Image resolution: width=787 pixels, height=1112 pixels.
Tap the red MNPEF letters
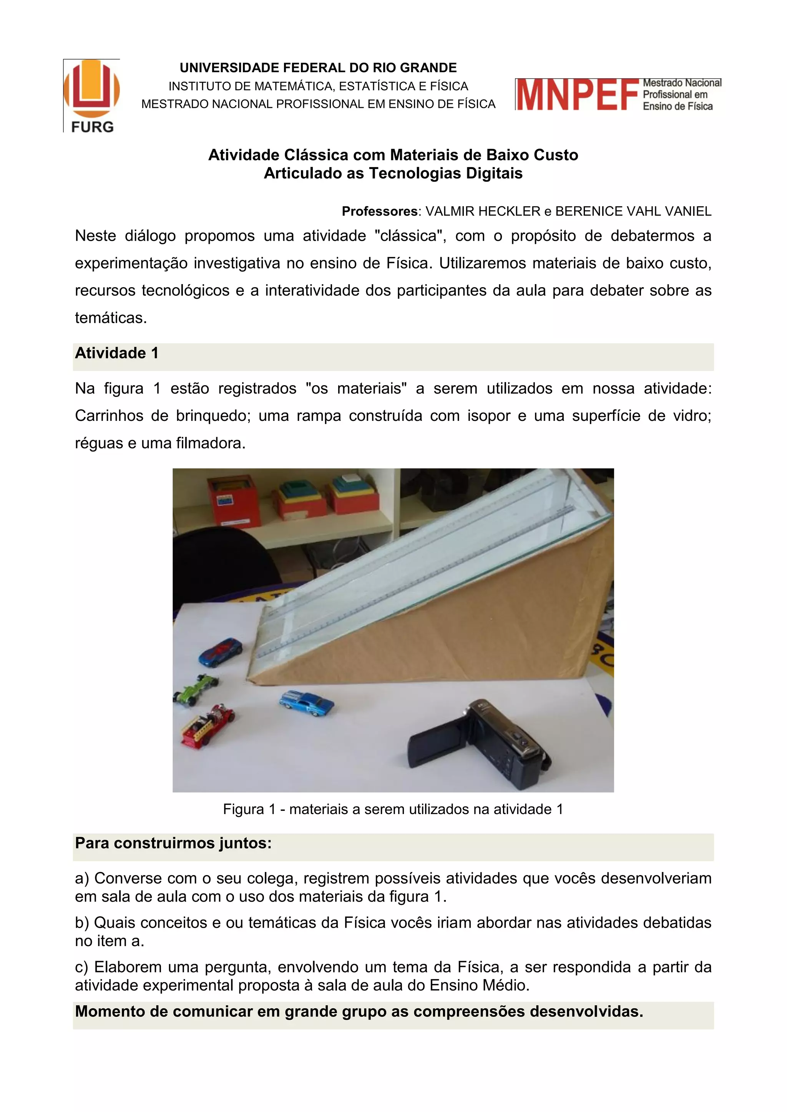[x=577, y=95]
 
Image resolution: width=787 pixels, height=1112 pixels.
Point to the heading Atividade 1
[x=117, y=353]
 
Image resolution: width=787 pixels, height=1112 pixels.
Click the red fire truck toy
[x=208, y=725]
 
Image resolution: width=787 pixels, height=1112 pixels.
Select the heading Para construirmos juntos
[x=173, y=843]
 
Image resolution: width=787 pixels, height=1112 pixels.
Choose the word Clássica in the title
[x=316, y=155]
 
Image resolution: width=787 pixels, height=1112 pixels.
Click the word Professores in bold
[x=379, y=211]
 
